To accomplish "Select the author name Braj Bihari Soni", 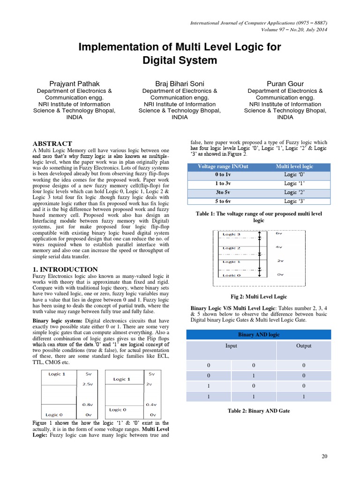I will point(180,83).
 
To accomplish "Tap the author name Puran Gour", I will point(285,83).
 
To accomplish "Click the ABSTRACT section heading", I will point(52,143).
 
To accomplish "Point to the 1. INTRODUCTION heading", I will point(65,269).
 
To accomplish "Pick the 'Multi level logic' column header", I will point(294,166).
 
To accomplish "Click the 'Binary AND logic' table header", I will point(258,334).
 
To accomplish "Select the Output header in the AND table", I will point(304,346).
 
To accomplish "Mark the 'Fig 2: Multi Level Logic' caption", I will point(259,297).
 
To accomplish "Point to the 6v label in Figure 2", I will point(278,233).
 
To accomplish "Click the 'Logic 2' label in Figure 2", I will point(232,248).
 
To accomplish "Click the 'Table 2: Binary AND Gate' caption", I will point(259,411).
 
